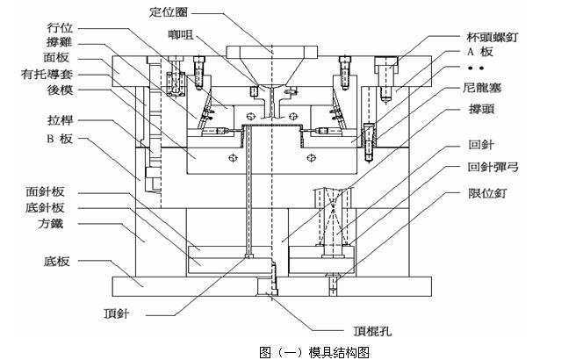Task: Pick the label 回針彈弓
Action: pos(496,165)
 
